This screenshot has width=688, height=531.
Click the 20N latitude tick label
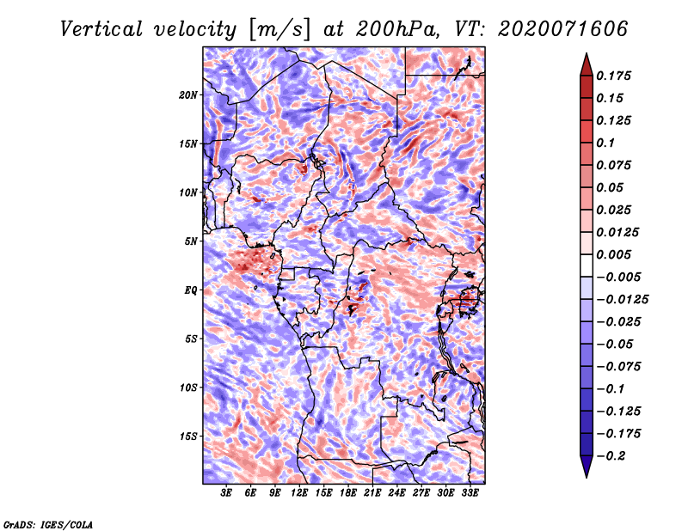click(x=188, y=95)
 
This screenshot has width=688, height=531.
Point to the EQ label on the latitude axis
click(x=191, y=290)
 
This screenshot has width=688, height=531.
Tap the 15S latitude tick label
click(x=188, y=436)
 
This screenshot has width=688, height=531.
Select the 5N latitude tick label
click(x=191, y=241)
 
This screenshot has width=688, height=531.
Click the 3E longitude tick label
click(x=226, y=493)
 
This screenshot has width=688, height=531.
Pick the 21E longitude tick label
click(x=372, y=493)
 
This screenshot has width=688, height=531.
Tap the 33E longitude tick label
click(x=470, y=493)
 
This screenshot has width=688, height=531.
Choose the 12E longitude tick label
click(x=298, y=493)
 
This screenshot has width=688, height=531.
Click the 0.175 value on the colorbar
click(x=613, y=76)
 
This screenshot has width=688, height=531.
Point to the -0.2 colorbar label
click(x=611, y=456)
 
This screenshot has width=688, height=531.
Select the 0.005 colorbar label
click(x=613, y=254)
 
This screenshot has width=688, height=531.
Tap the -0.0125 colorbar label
click(x=622, y=300)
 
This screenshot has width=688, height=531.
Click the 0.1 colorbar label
click(x=605, y=143)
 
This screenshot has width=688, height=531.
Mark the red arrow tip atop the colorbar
click(x=587, y=53)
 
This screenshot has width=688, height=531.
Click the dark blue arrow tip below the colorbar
click(x=587, y=477)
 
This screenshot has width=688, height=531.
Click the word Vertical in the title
click(x=101, y=29)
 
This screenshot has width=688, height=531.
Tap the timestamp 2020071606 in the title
click(x=562, y=29)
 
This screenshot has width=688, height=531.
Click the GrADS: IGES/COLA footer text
click(x=48, y=524)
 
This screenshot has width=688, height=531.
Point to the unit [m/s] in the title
click(x=279, y=30)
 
